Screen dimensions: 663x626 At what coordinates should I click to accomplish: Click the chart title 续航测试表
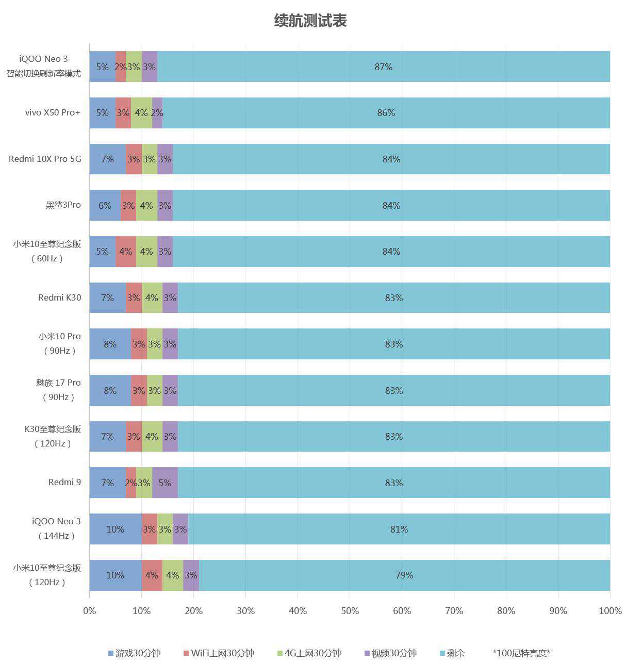pos(310,21)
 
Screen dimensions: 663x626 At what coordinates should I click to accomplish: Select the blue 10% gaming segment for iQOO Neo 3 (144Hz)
pos(116,529)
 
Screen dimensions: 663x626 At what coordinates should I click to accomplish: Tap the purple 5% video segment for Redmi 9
pos(165,483)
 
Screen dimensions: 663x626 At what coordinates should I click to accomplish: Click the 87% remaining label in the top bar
pos(383,67)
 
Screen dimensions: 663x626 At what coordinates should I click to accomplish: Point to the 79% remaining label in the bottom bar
pos(404,575)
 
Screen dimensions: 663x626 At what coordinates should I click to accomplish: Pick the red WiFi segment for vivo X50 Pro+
pos(123,112)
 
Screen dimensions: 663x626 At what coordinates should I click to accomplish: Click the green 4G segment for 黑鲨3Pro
pos(146,205)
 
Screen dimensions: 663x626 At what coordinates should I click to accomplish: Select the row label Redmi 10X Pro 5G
pos(45,159)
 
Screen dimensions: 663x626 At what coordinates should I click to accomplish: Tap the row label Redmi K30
pos(59,297)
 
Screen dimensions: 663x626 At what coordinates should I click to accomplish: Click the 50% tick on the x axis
pos(350,611)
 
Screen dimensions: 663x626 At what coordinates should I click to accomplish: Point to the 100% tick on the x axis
pos(610,611)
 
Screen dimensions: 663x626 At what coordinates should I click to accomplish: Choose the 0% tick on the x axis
pos(90,611)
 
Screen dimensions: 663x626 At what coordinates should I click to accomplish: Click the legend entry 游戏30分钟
pos(135,653)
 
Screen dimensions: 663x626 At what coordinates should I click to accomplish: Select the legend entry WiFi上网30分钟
pos(219,653)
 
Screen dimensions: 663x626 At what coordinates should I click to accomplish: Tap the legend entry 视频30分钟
pos(390,653)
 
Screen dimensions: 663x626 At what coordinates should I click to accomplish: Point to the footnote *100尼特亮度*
pos(521,653)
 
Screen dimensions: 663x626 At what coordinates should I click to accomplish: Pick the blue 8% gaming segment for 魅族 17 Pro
pos(110,390)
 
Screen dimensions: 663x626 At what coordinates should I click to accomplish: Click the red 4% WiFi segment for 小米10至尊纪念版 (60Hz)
pos(126,252)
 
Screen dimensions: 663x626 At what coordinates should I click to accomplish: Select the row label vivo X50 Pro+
pos(53,112)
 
